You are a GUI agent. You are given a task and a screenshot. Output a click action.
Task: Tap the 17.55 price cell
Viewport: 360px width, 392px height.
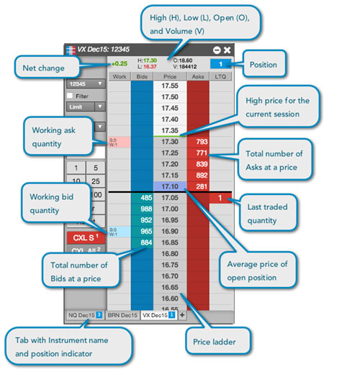point(170,86)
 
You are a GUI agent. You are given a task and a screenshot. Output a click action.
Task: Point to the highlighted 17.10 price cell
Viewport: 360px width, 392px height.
point(170,186)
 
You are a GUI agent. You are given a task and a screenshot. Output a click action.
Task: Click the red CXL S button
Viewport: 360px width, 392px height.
point(85,237)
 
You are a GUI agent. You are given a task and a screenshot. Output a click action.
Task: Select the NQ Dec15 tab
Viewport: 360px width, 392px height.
point(85,315)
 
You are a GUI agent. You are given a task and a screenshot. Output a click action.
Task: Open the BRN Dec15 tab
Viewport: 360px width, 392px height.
point(122,315)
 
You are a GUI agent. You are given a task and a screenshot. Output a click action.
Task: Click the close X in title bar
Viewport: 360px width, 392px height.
point(227,50)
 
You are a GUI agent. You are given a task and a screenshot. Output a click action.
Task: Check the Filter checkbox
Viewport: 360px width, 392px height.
point(70,95)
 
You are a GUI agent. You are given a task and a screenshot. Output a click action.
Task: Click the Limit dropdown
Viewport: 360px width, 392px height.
point(85,106)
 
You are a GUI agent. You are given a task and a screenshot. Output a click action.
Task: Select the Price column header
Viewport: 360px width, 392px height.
point(170,75)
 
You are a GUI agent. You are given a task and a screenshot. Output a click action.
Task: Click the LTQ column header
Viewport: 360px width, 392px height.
point(221,75)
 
